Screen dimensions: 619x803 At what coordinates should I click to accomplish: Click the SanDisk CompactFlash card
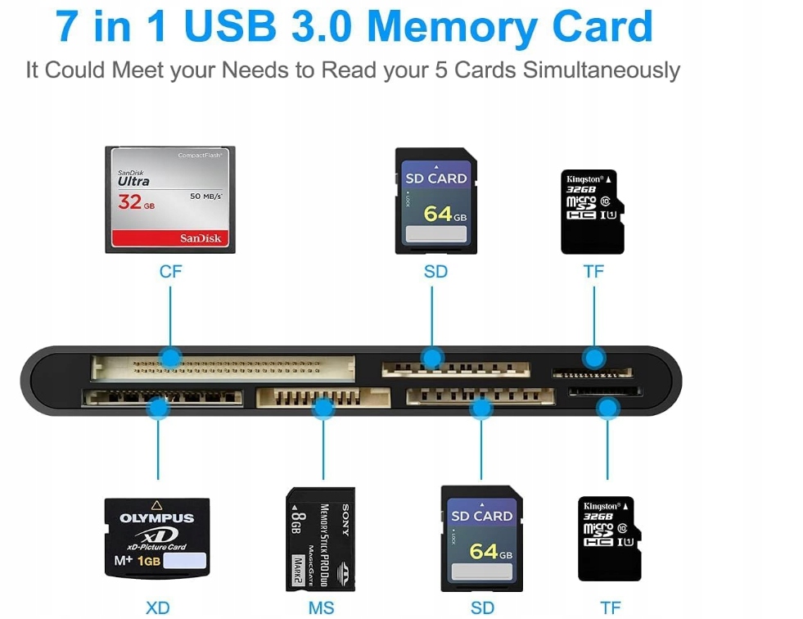pos(170,199)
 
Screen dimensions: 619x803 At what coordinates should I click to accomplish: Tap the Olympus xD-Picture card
pos(156,537)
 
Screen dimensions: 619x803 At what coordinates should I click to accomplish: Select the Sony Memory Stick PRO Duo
pos(320,539)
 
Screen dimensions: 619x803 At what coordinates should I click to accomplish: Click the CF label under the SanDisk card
pos(170,271)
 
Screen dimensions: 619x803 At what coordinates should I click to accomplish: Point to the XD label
pos(157,608)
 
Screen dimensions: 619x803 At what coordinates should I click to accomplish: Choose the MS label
pos(321,608)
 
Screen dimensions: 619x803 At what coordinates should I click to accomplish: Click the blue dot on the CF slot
pos(170,358)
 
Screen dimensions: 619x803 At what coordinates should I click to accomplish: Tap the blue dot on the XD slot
pos(157,407)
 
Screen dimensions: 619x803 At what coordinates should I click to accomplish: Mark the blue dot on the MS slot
pos(323,407)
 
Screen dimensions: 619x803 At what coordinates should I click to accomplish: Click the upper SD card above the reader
pos(435,201)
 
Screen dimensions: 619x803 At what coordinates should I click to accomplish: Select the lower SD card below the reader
pos(481,538)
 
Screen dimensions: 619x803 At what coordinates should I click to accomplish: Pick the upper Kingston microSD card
pos(592,211)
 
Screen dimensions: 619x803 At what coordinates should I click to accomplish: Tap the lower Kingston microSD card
pos(609,538)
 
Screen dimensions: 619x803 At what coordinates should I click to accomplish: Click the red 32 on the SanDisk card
pos(130,201)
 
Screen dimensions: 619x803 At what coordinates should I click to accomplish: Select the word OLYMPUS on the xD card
pos(156,518)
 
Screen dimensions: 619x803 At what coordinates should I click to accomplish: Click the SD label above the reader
pos(435,271)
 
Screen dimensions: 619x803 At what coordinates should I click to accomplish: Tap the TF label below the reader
pos(610,608)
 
